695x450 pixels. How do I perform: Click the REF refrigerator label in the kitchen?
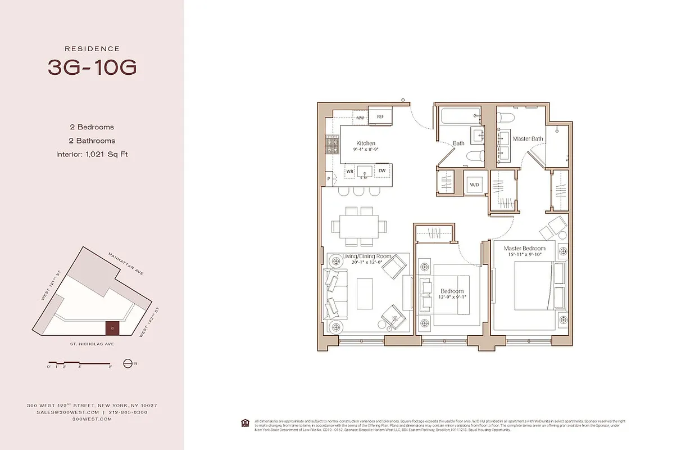tap(380, 117)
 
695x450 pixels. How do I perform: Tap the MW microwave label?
tap(360, 118)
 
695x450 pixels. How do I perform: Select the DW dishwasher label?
tap(381, 170)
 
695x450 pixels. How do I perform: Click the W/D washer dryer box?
tap(474, 184)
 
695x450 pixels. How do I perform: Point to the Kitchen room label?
tap(366, 143)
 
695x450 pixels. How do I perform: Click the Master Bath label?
tap(528, 138)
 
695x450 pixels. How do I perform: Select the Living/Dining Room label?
tap(367, 256)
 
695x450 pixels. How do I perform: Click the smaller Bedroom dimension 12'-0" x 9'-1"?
tap(452, 298)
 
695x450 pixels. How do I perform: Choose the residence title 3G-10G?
tap(92, 67)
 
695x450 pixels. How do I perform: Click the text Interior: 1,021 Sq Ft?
tap(92, 154)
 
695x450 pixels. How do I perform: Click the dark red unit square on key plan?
tap(112, 327)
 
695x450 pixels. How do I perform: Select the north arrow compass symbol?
tap(128, 363)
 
